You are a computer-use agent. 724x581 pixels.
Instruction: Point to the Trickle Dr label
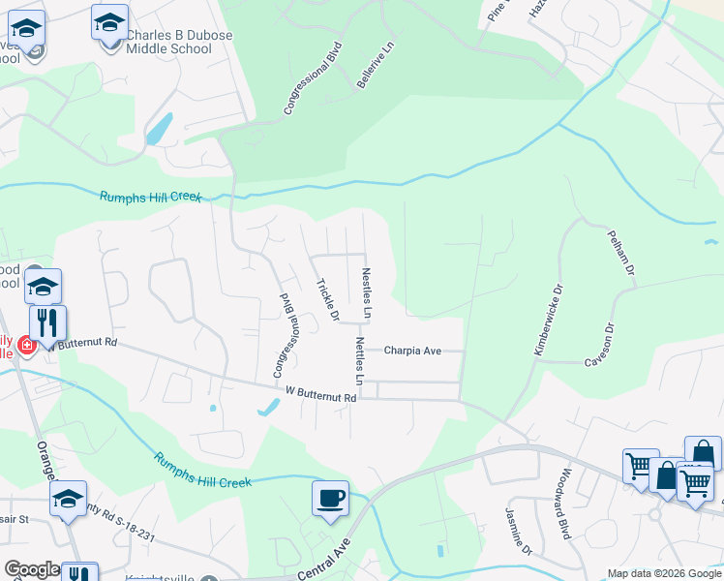[328, 300]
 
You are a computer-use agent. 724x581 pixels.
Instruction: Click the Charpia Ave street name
[412, 351]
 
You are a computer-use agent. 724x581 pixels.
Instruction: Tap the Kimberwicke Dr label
[548, 320]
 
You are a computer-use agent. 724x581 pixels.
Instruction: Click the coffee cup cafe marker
[330, 498]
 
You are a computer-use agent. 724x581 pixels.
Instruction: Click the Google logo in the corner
[32, 570]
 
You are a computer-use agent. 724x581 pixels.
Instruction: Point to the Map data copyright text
[663, 573]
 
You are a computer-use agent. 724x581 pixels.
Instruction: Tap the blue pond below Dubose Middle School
[160, 129]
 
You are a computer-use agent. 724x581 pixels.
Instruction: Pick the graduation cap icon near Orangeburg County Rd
[68, 498]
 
